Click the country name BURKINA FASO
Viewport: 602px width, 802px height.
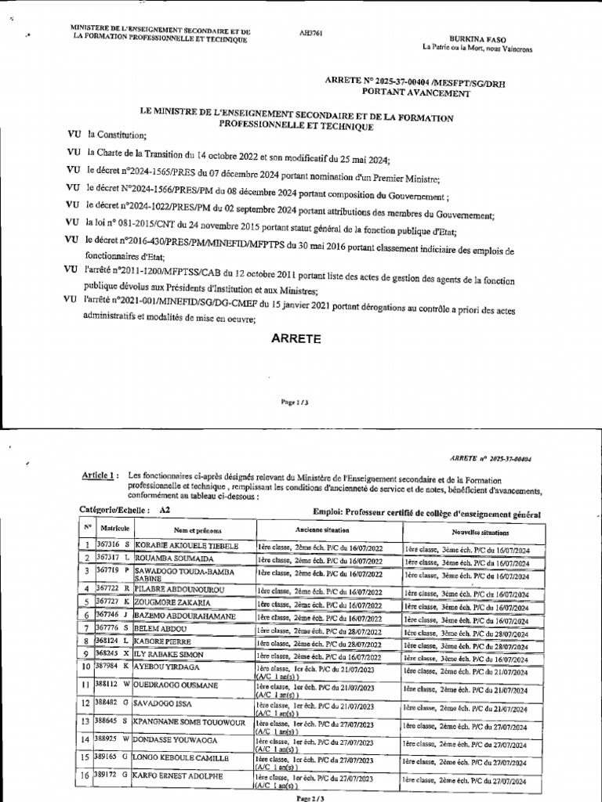pos(472,38)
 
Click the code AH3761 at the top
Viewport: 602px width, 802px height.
pos(311,34)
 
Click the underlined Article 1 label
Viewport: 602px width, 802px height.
pos(100,475)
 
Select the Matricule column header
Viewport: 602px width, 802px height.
pos(115,530)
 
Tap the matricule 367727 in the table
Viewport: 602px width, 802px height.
pos(107,601)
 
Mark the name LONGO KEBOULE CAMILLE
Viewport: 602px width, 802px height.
pos(182,757)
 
